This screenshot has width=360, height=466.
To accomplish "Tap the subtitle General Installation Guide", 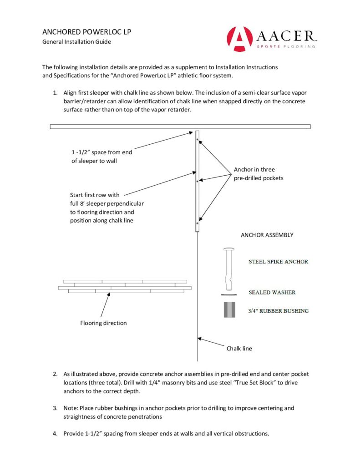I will point(76,42).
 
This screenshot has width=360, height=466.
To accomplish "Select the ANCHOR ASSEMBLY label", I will point(267,235).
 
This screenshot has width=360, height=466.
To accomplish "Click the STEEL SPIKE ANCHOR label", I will point(278,262).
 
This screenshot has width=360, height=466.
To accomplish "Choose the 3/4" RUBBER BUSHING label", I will point(279,311).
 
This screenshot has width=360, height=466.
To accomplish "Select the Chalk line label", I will point(239,349).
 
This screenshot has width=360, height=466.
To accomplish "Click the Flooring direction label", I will point(103,323).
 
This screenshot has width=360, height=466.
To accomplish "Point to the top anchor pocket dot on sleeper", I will point(197,139).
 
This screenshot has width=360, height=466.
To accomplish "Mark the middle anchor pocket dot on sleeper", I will point(197,181).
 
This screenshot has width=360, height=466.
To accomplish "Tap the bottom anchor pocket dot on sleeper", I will point(197,223).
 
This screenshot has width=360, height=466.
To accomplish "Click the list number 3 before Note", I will point(55,408).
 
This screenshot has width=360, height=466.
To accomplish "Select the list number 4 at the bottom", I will point(55,434).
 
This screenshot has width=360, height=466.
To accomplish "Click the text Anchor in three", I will point(254,170).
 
